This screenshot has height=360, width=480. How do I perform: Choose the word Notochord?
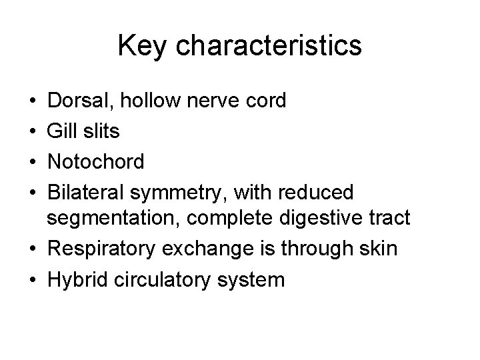click(95, 161)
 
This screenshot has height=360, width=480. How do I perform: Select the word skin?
click(381, 249)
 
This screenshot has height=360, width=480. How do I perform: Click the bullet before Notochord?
click(33, 161)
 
